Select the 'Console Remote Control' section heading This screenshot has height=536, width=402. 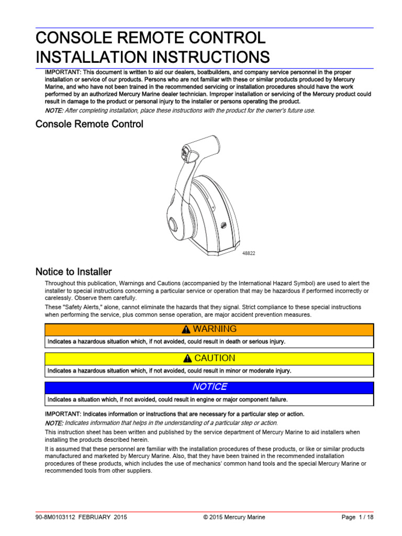tap(89, 125)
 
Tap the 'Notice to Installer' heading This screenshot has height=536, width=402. tap(73, 272)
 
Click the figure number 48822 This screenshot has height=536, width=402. tap(249, 253)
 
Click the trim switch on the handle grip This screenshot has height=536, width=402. tap(184, 153)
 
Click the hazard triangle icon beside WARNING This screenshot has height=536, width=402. tap(186, 330)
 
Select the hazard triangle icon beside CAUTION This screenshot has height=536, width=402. tap(188, 359)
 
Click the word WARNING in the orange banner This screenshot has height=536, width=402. tap(215, 329)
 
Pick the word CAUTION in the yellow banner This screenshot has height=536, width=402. tap(215, 359)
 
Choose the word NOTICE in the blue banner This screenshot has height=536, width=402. tap(209, 387)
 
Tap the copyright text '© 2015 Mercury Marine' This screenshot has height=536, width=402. tap(234, 517)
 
